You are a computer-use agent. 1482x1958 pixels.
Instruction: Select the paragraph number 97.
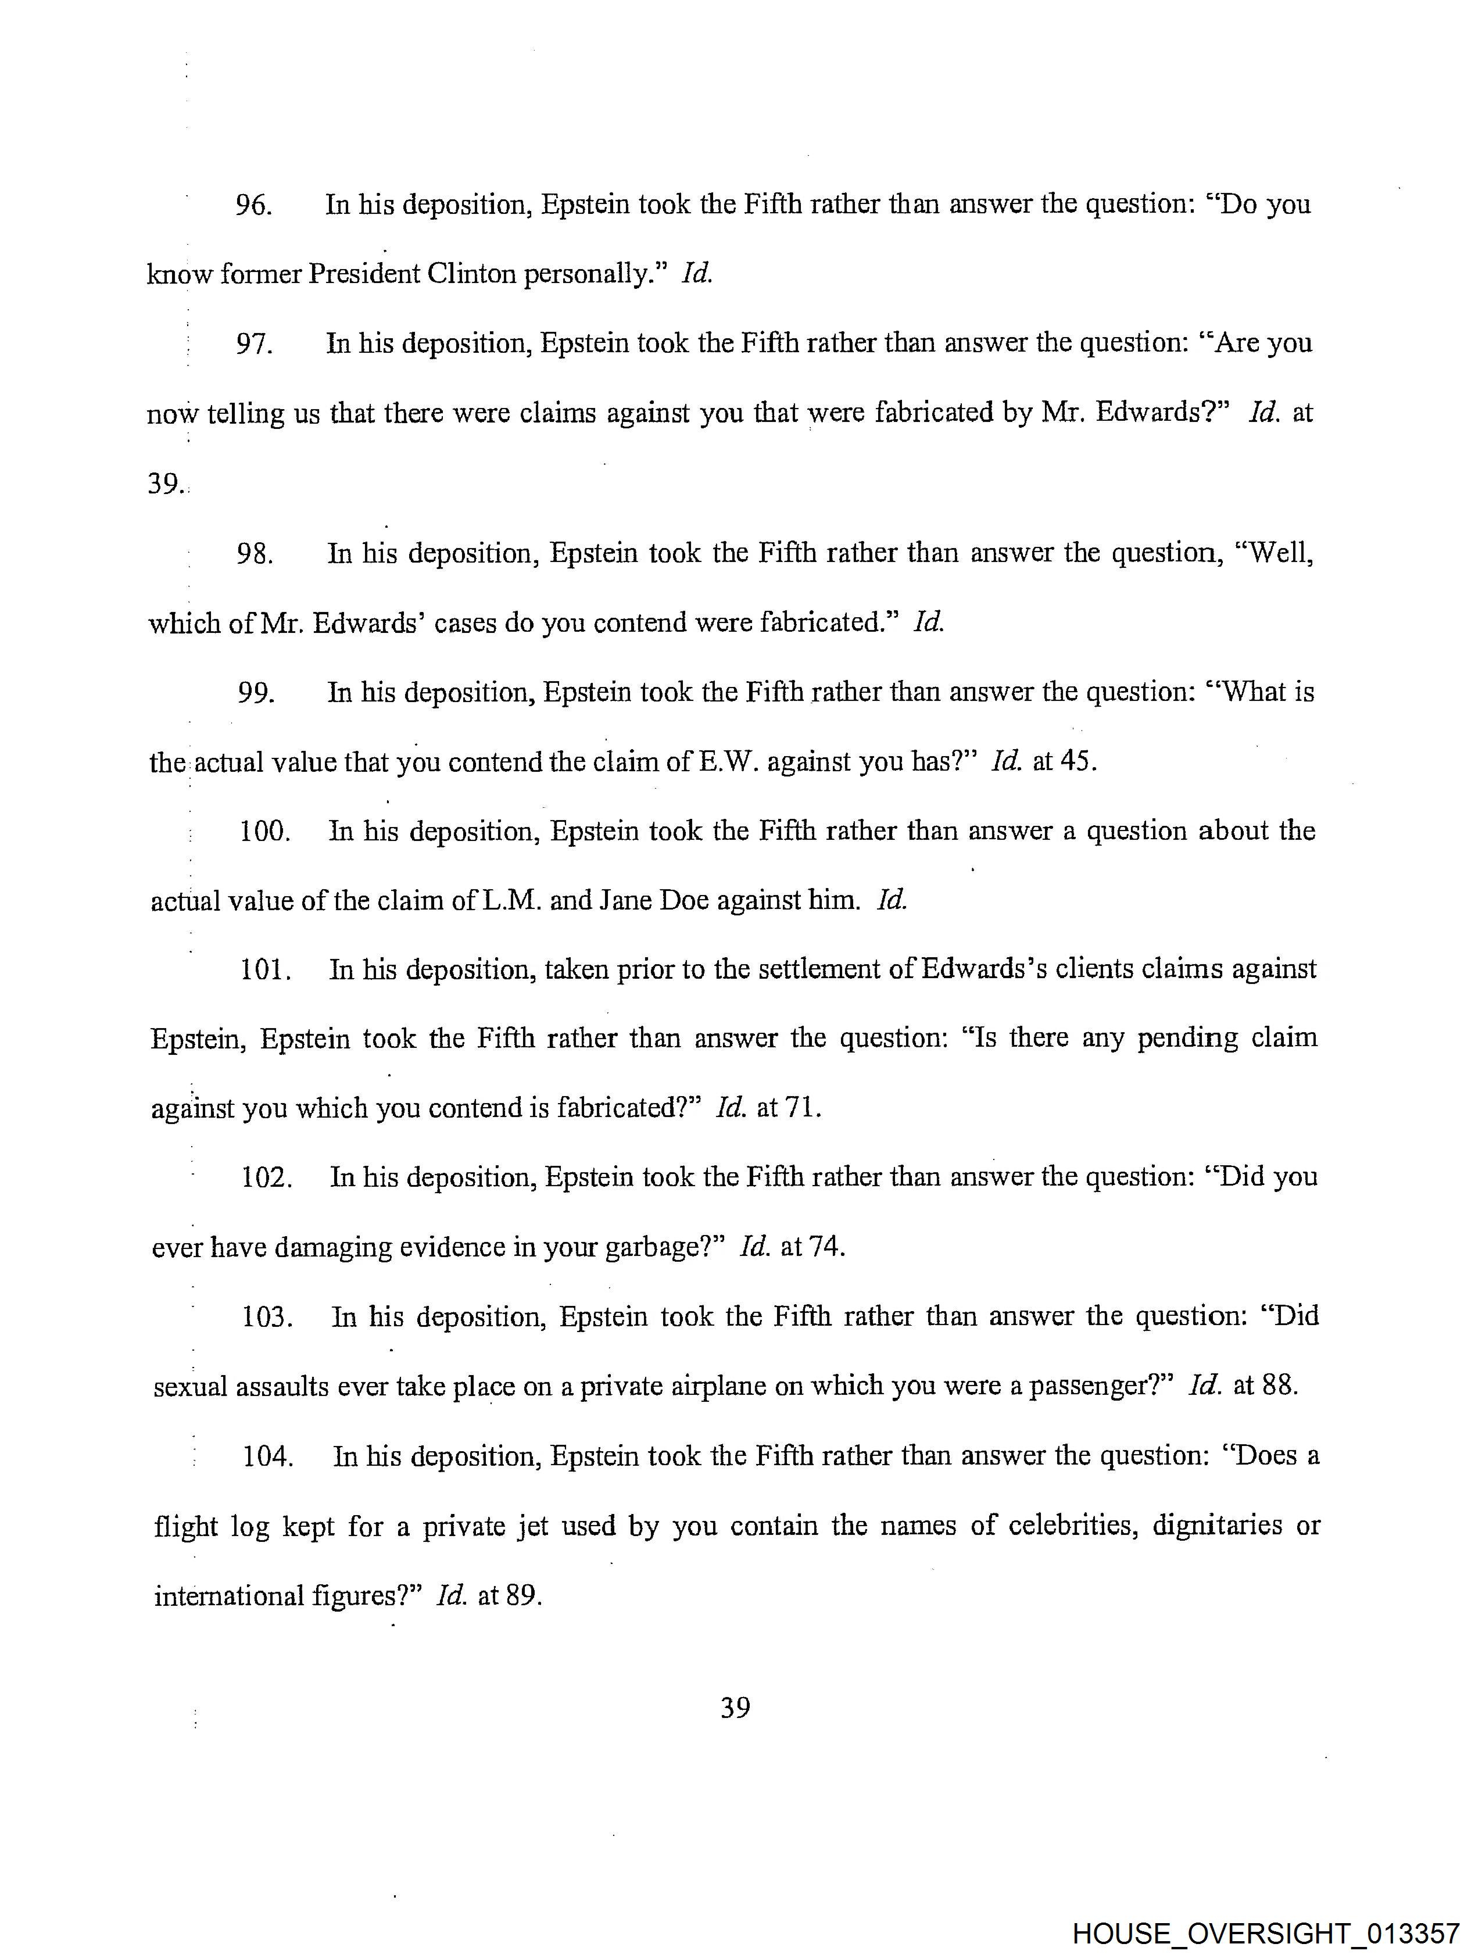coord(254,343)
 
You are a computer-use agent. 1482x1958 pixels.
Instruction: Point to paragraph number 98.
coord(255,554)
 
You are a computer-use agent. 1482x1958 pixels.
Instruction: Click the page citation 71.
coord(802,1108)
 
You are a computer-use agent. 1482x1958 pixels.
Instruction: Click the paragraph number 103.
coord(267,1317)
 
